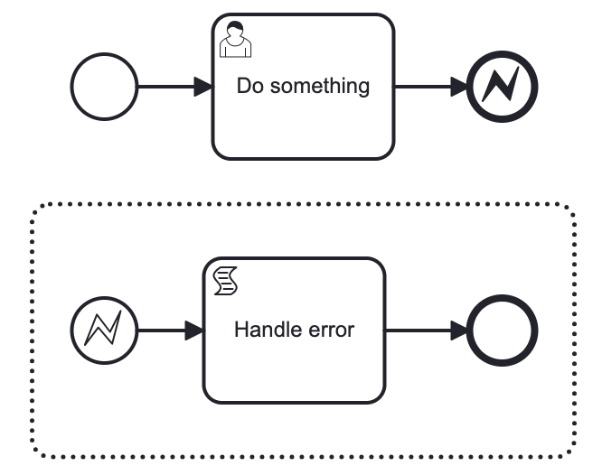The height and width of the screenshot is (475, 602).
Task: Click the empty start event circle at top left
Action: pos(104,88)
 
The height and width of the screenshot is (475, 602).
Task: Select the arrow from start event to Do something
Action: pos(167,88)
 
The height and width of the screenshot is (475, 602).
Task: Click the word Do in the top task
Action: pos(249,87)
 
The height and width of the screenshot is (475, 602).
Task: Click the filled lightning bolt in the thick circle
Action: pos(503,88)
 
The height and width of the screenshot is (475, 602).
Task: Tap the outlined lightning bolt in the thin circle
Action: pos(104,331)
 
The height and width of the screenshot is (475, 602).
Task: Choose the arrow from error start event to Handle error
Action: pos(163,331)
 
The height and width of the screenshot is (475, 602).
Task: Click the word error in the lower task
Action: pos(328,330)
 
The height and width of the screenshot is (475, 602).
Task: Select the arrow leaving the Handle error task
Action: pos(420,331)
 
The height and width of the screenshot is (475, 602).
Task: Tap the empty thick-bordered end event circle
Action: pos(503,331)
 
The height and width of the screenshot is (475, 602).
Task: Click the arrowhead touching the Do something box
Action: pos(203,88)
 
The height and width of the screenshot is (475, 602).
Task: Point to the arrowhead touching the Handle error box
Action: pos(194,331)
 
